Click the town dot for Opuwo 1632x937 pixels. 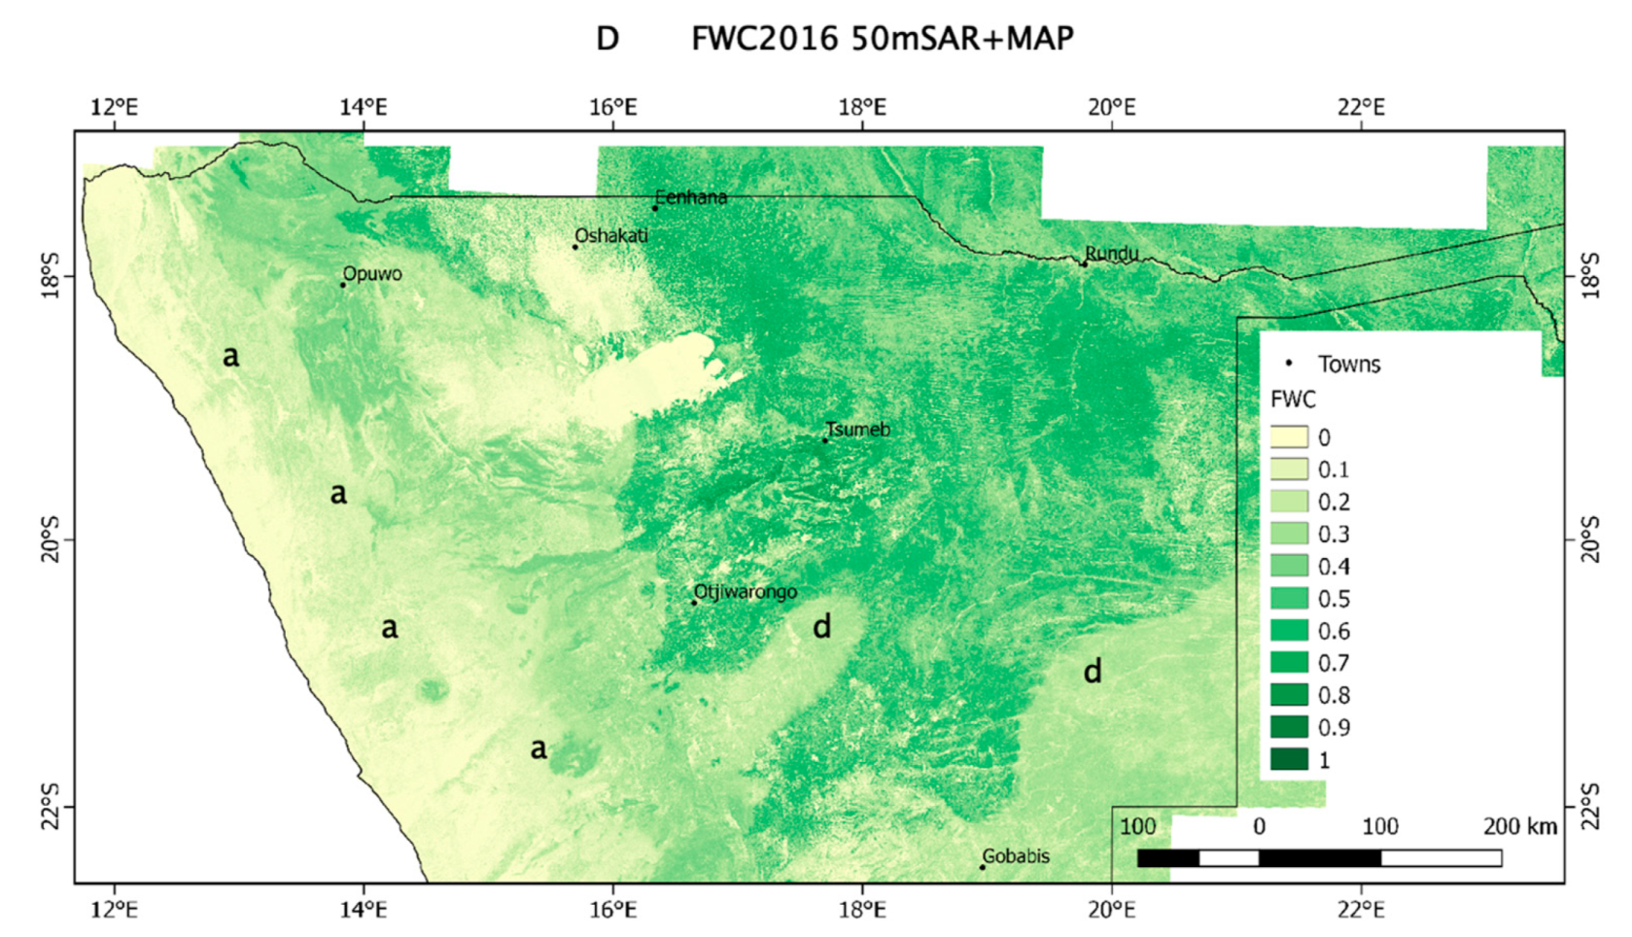[343, 285]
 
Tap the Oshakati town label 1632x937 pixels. [611, 235]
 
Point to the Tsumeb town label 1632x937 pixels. [858, 429]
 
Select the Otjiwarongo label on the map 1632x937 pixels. [746, 591]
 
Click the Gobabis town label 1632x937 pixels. [1016, 855]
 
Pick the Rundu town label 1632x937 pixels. [1112, 253]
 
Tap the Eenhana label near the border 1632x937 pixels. [691, 196]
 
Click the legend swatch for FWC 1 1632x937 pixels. [1289, 758]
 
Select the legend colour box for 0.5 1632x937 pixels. [1289, 598]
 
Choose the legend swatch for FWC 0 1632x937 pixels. [1289, 436]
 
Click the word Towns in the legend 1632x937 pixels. [1349, 364]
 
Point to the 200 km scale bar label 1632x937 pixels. [1520, 826]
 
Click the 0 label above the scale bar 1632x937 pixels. [1259, 826]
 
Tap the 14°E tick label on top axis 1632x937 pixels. [364, 106]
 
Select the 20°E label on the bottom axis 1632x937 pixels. [1111, 909]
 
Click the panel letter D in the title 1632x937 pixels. [608, 39]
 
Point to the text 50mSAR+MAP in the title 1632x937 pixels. [962, 39]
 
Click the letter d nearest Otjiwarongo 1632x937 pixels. [822, 627]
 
